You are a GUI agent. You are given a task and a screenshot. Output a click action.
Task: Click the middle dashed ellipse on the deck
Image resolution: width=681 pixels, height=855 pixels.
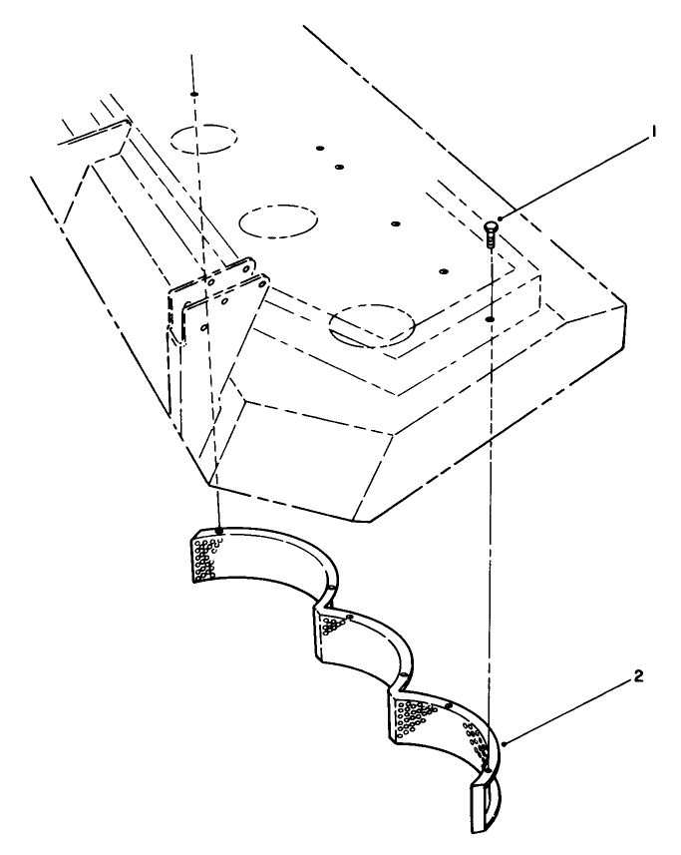tap(278, 219)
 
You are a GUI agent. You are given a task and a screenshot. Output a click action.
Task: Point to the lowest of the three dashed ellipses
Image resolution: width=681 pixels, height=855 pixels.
tap(373, 325)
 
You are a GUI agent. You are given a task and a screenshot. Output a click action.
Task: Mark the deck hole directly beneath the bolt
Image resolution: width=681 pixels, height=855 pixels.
tap(490, 320)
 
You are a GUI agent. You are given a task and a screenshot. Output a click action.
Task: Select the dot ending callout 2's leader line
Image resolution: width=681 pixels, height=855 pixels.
tap(507, 743)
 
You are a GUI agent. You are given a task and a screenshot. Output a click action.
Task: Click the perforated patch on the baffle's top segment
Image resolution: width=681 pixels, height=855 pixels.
tap(204, 555)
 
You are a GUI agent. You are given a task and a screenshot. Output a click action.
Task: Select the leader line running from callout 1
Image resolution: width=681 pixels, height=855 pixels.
tap(573, 177)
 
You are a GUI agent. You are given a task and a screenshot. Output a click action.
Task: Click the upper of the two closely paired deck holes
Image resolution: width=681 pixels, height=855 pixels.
tap(320, 149)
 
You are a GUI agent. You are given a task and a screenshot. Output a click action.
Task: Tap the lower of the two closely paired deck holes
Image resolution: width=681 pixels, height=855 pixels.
tap(339, 167)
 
